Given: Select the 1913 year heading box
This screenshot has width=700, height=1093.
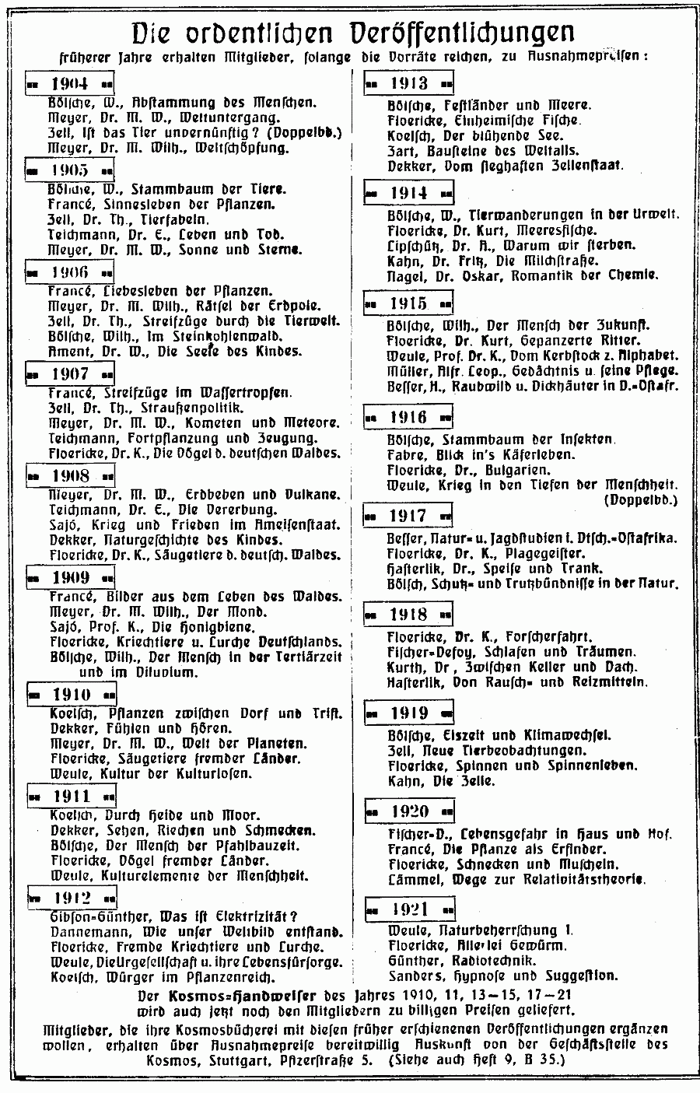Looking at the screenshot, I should pos(409,83).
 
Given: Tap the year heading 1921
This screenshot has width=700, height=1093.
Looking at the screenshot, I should pos(409,909).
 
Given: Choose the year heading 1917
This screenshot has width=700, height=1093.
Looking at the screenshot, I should pos(408,516).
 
